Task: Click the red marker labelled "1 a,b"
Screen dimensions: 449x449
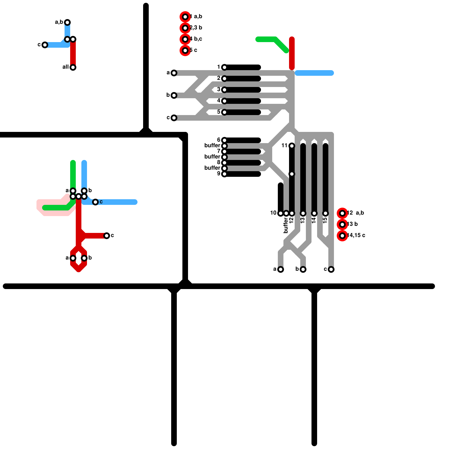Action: pyautogui.click(x=185, y=17)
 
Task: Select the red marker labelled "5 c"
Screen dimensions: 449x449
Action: pyautogui.click(x=185, y=51)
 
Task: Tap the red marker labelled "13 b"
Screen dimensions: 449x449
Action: pyautogui.click(x=342, y=224)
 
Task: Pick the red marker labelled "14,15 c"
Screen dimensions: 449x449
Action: pyautogui.click(x=342, y=236)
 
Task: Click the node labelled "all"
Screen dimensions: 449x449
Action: pyautogui.click(x=73, y=67)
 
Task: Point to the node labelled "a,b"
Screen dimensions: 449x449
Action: pyautogui.click(x=67, y=22)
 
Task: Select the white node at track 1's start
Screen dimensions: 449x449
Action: pyautogui.click(x=224, y=67)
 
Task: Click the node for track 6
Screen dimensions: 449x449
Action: pyautogui.click(x=224, y=140)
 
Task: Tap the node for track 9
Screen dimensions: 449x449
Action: pyautogui.click(x=224, y=174)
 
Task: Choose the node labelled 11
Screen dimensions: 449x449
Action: pyautogui.click(x=292, y=146)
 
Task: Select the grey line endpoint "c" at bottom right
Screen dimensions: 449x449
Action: pyautogui.click(x=331, y=269)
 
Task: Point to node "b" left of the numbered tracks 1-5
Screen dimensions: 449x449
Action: pyautogui.click(x=174, y=95)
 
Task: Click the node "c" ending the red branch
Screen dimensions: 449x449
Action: pyautogui.click(x=107, y=236)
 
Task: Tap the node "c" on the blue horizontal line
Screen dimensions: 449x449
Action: pyautogui.click(x=95, y=202)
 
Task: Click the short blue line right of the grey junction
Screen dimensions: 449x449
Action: pyautogui.click(x=314, y=73)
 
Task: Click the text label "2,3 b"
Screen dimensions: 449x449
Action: pyautogui.click(x=196, y=28)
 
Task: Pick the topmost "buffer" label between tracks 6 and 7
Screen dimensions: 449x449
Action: pyautogui.click(x=212, y=145)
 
